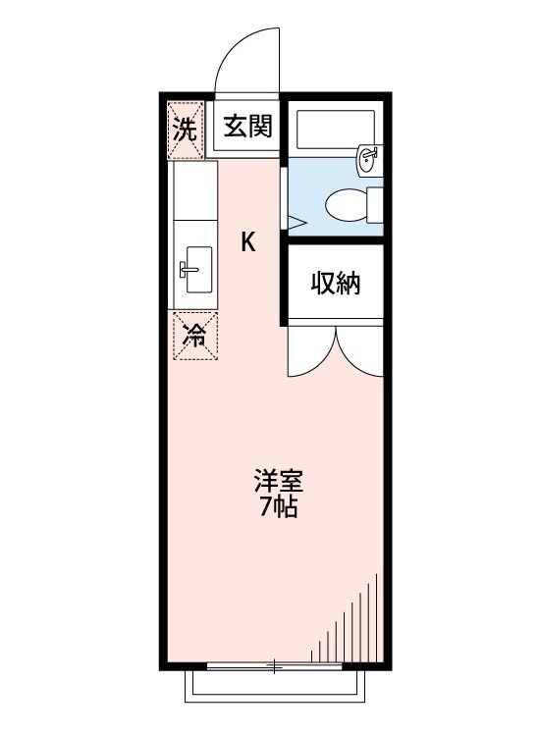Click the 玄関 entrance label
tap(247, 127)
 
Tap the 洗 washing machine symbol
tap(185, 128)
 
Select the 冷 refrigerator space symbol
tap(194, 336)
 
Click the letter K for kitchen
tap(249, 241)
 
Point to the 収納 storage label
tap(336, 283)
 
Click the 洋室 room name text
tap(280, 483)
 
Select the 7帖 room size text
tap(280, 508)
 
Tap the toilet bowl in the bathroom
tap(344, 204)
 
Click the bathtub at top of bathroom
tap(334, 128)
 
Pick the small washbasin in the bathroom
tap(370, 157)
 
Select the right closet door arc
tap(360, 353)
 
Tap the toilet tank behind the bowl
tap(374, 204)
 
